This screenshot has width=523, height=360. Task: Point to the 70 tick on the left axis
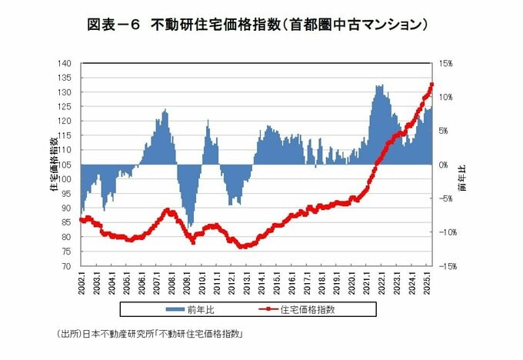pyautogui.click(x=67, y=266)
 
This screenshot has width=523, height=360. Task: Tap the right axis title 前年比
pyautogui.click(x=461, y=177)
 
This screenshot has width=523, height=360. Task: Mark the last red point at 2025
pyautogui.click(x=432, y=85)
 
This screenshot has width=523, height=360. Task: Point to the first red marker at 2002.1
pyautogui.click(x=82, y=220)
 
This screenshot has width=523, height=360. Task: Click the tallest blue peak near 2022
pyautogui.click(x=379, y=85)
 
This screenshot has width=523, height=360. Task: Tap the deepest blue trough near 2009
pyautogui.click(x=190, y=226)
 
